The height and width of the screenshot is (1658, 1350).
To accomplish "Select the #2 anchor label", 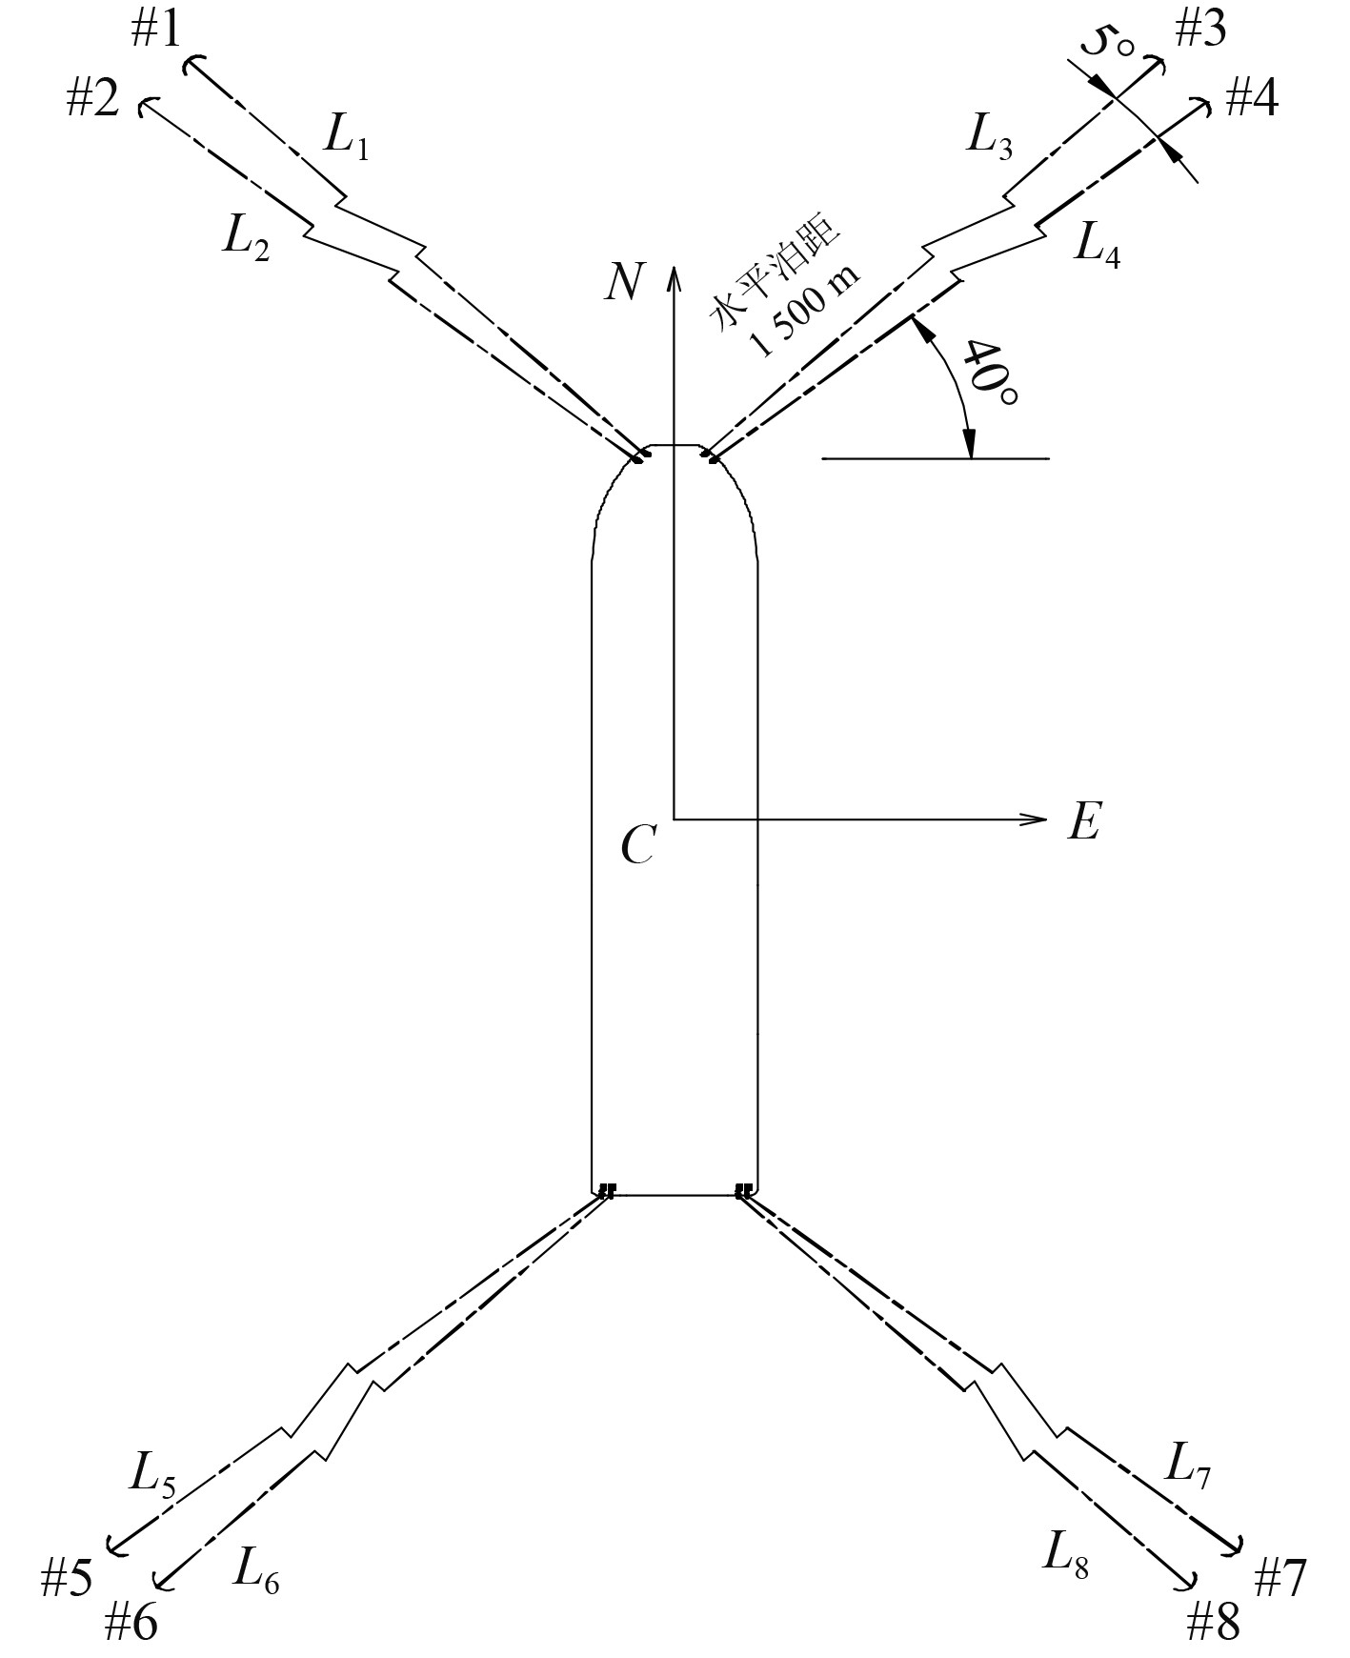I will (92, 98).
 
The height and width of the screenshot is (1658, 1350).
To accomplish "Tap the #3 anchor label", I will (1199, 30).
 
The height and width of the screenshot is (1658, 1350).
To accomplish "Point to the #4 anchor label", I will (1251, 98).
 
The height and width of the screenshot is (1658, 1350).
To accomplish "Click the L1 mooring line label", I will (346, 136).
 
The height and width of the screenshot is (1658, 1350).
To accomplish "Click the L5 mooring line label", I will (152, 1476).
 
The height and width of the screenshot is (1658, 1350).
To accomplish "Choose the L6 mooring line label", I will (256, 1567).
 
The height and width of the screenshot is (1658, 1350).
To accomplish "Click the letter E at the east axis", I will (1084, 820).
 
